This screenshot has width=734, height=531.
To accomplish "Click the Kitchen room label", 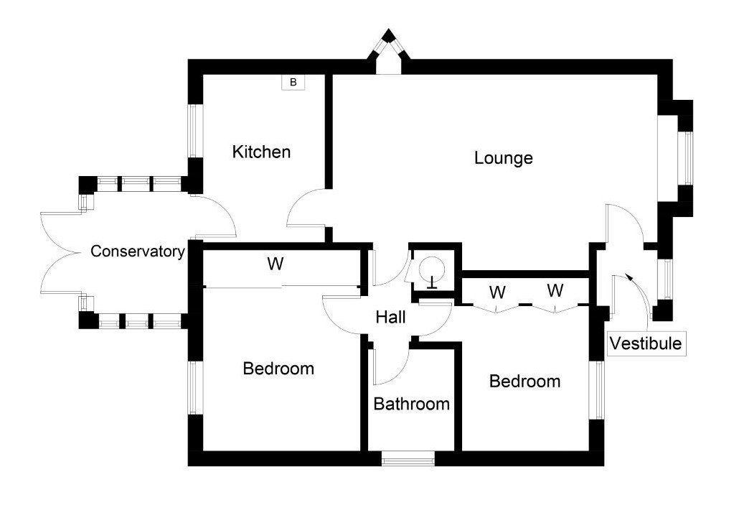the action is (x=262, y=152).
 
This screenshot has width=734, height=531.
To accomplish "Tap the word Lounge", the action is (x=504, y=157).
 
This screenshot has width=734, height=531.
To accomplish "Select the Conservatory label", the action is (x=138, y=251).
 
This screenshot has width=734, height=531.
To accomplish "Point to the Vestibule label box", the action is (x=645, y=343).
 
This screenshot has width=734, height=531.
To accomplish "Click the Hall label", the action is (x=390, y=317).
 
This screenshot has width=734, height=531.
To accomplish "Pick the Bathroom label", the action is (x=412, y=404).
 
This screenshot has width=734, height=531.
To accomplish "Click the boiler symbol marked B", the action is (x=293, y=83).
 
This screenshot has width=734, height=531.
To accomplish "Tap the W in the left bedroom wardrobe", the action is (x=275, y=264).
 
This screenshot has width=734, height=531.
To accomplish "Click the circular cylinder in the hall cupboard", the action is (x=433, y=269).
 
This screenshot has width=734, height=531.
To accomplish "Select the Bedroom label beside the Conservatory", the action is (x=278, y=369).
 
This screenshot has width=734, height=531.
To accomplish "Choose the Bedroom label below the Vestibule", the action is (x=524, y=381).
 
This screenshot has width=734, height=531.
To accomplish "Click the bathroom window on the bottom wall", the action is (x=408, y=458).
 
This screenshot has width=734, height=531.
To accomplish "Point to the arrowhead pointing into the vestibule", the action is (x=629, y=277).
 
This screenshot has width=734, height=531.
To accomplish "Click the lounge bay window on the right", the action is (x=687, y=158).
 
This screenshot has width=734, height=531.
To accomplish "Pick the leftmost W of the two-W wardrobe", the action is (x=497, y=292).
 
